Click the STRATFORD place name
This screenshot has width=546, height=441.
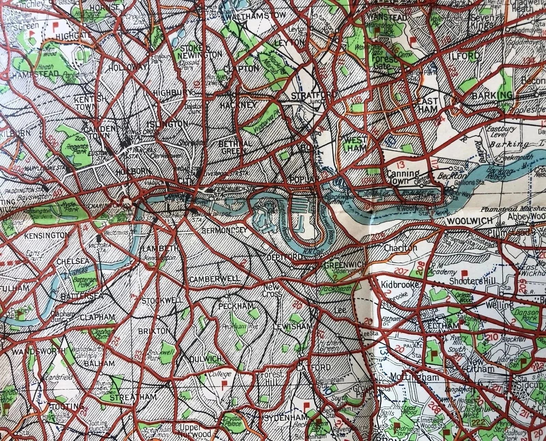[314, 95]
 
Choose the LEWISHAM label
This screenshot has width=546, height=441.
[293, 326]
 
